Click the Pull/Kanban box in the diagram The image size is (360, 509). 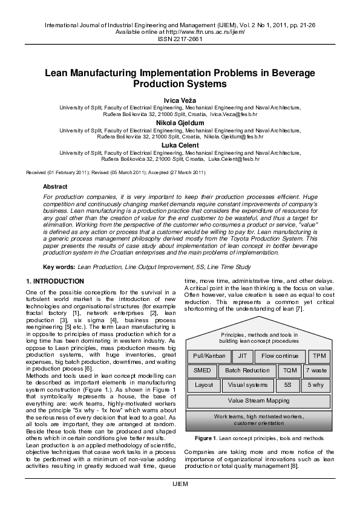209,355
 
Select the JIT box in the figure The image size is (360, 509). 242,355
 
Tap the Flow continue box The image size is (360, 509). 280,355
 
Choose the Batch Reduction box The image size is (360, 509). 247,370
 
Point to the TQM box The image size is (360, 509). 290,370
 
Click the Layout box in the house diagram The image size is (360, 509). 204,384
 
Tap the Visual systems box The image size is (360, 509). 248,384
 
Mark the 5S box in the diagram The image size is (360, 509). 287,384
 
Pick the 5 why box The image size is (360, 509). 315,384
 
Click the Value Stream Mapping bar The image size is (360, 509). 258,400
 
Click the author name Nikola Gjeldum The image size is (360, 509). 180,123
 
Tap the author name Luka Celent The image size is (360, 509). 180,145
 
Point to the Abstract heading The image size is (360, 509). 55,187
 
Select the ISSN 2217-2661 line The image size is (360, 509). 180,39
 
